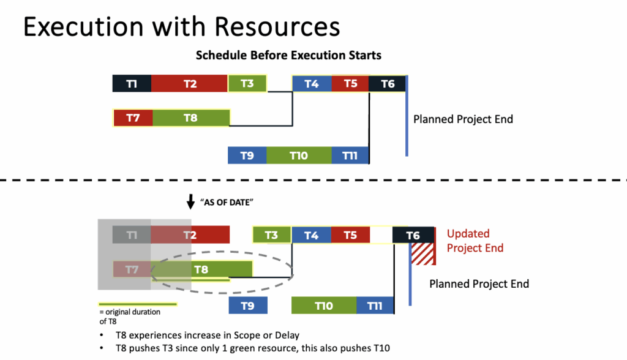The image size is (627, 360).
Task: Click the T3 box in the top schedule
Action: click(247, 84)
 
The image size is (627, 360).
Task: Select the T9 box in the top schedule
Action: click(247, 155)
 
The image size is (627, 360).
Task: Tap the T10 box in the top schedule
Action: click(299, 155)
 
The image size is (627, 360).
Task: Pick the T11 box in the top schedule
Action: click(350, 155)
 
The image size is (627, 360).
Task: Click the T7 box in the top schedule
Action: click(133, 118)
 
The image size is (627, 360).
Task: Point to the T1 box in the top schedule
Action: click(132, 84)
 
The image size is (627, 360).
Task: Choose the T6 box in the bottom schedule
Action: click(413, 235)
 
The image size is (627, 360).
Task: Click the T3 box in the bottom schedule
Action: click(271, 235)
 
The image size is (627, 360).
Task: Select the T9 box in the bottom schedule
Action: click(248, 306)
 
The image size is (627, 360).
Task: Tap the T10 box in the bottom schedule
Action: click(324, 306)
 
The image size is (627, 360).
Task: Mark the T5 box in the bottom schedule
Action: click(350, 235)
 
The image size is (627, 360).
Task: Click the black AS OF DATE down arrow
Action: click(191, 202)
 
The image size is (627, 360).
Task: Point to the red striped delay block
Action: click(423, 254)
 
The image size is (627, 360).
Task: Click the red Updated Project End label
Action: click(475, 241)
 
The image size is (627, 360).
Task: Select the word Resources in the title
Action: click(277, 27)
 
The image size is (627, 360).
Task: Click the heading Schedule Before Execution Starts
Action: click(288, 55)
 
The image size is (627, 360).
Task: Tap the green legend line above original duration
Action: click(138, 304)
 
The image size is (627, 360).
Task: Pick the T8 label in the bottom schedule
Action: click(201, 269)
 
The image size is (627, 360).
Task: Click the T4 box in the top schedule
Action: click(312, 84)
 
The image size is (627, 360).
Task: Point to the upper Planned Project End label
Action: click(463, 119)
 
